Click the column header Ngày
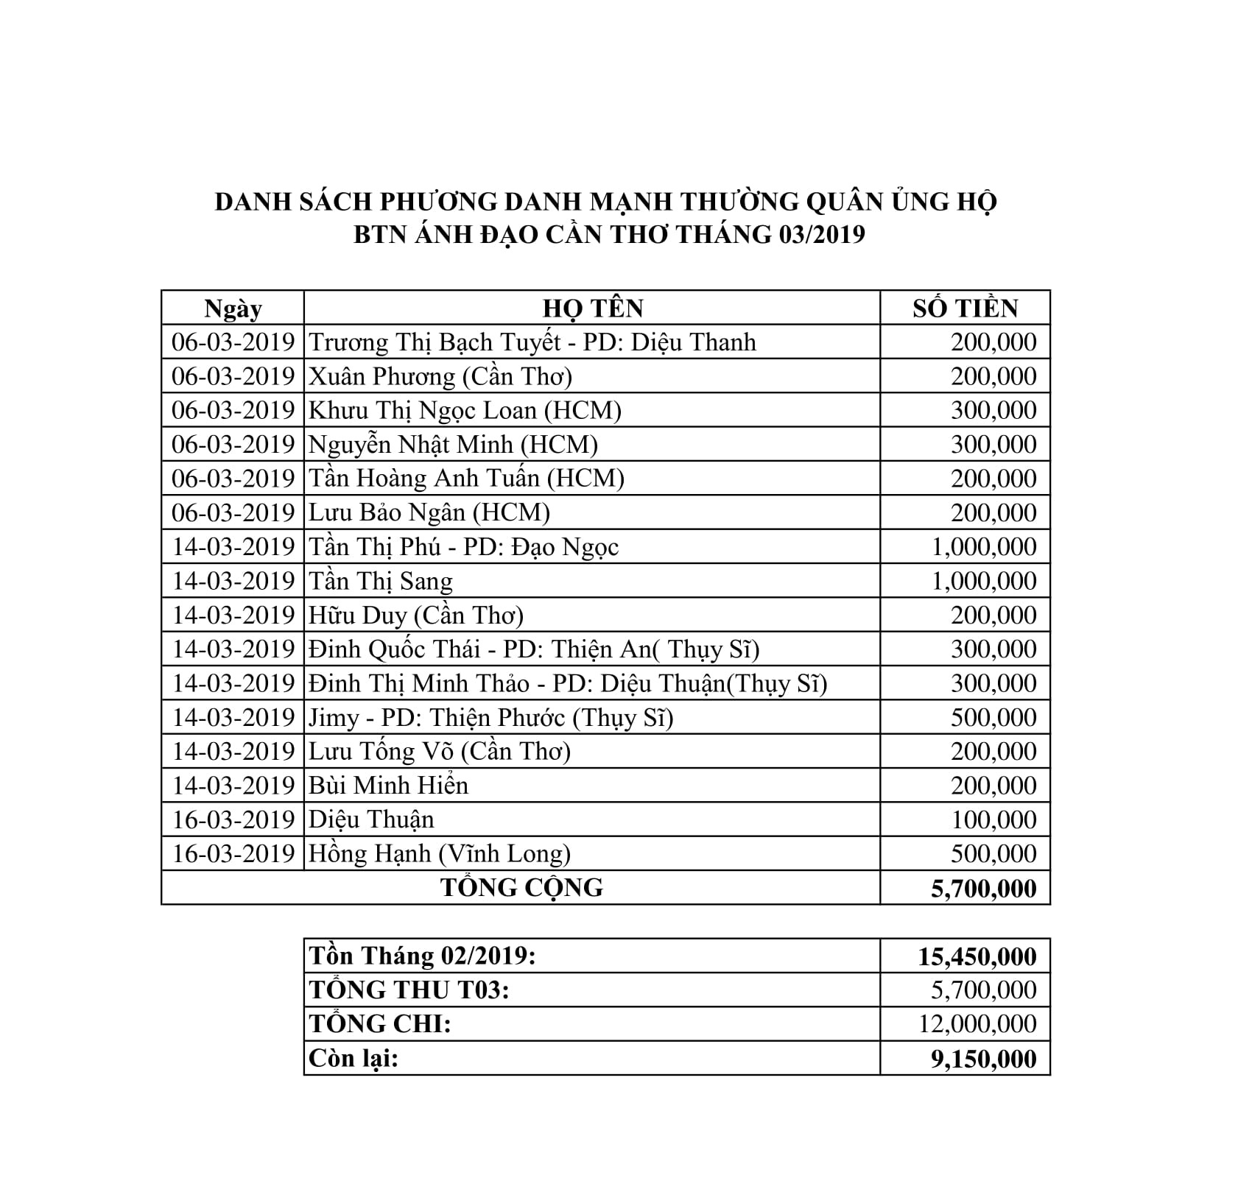click(233, 308)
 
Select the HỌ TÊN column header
click(593, 308)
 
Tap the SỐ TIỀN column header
click(965, 308)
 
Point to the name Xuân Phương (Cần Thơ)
click(440, 376)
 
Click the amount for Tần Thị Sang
click(984, 581)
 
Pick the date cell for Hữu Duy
click(233, 615)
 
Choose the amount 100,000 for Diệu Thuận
click(993, 819)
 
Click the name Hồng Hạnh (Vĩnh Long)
click(440, 853)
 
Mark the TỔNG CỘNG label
click(521, 888)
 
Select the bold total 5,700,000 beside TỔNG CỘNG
click(984, 889)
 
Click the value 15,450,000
click(977, 956)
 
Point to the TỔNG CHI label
click(380, 1024)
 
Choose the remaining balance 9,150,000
click(984, 1059)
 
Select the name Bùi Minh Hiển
click(388, 786)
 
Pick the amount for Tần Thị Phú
click(984, 547)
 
